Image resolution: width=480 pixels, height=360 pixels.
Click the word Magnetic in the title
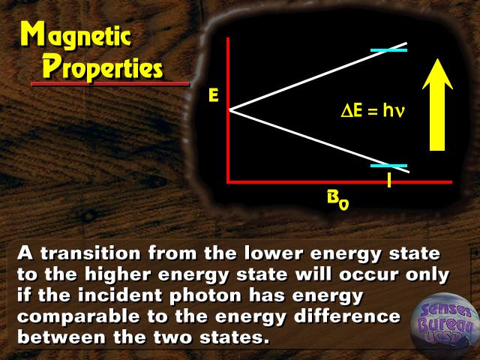pos(76,36)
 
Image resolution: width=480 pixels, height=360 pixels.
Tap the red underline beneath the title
pos(110,83)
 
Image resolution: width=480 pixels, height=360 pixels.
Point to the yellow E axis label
pos(213,95)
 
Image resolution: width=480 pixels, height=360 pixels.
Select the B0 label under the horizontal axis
pos(338,200)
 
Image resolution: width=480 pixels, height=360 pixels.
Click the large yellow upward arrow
pos(437,105)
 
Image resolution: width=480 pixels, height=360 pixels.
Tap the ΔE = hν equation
pos(373,110)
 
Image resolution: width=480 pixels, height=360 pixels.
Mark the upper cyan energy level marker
pos(388,50)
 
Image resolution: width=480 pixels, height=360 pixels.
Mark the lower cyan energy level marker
pos(388,166)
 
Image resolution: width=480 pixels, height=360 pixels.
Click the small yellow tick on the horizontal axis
pos(389,180)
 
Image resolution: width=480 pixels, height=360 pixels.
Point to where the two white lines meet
pos(229,110)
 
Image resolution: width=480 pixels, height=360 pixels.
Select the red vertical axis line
pos(228,110)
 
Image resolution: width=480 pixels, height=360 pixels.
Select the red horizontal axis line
pos(340,182)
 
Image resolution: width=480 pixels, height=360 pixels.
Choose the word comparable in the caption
pos(78,316)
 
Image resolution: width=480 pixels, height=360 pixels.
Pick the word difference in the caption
pos(347,316)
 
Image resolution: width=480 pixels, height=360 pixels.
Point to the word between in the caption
pos(61,337)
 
